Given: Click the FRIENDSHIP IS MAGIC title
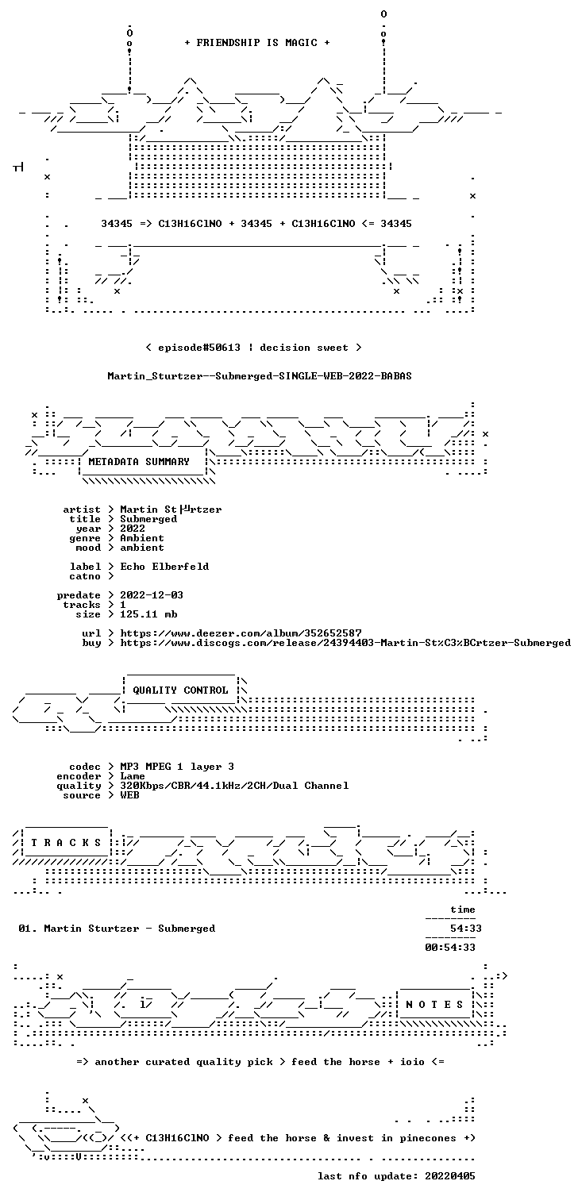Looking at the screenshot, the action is point(257,43).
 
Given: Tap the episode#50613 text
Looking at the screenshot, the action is point(199,348).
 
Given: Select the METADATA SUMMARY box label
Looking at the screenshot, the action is point(139,462).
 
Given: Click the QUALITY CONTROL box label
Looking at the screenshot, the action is point(180,690).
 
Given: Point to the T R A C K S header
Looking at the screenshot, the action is point(66,843).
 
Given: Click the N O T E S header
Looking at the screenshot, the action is point(434,1005).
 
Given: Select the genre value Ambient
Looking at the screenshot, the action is point(142,538).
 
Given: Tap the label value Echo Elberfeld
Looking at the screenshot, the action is point(164,566).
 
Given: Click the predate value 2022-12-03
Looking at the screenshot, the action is point(152,595).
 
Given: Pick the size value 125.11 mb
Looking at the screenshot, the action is point(148,614).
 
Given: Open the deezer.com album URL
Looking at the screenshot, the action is point(241,633).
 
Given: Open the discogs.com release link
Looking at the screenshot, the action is point(345,643).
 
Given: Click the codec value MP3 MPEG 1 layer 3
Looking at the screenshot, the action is point(177,767).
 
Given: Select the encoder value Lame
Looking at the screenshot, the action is point(133,776).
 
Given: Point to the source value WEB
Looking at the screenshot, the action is point(129,795).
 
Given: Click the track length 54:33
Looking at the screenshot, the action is point(465,929).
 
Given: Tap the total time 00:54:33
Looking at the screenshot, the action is point(450,947).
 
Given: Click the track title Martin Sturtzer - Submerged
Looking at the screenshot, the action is point(129,929).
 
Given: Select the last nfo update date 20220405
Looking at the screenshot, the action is point(450,1176).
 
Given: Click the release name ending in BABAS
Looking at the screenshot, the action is point(260,376).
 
